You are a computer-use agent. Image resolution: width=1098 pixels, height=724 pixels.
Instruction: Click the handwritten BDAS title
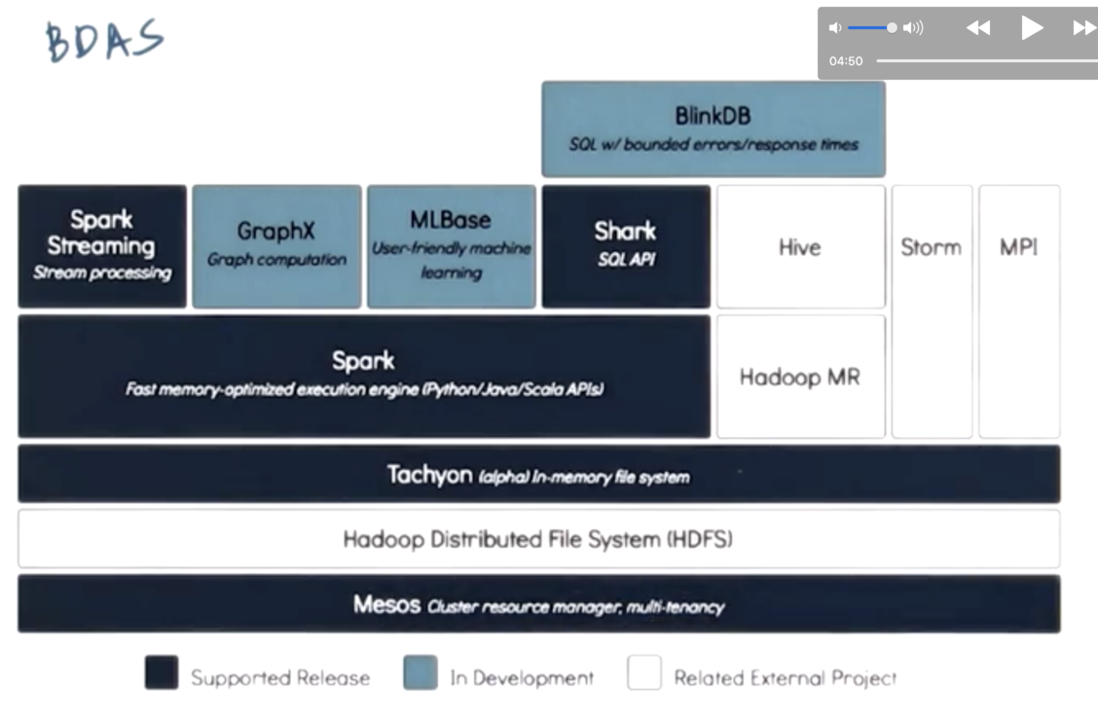104,41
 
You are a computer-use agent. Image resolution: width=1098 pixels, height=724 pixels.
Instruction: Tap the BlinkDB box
714,128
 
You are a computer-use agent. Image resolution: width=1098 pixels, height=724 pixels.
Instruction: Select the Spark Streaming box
102,246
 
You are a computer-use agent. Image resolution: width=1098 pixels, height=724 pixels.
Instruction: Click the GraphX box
276,246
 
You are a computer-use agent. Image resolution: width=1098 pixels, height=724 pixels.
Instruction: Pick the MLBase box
451,246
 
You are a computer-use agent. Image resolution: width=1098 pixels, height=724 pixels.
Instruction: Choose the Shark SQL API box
625,246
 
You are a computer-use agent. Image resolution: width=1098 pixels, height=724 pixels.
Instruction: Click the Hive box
800,247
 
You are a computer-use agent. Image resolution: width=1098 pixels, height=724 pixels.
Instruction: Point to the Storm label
931,247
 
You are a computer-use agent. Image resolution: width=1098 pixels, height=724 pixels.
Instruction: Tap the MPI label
1018,247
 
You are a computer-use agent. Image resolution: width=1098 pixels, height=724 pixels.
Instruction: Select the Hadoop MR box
800,377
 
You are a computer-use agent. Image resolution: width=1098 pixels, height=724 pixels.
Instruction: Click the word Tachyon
429,475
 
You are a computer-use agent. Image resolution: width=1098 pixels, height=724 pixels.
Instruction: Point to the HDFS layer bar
538,539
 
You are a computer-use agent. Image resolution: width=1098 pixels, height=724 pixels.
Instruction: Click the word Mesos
386,604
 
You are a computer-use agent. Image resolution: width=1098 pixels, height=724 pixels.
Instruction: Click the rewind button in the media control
978,28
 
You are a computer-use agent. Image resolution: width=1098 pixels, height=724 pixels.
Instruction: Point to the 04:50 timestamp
846,61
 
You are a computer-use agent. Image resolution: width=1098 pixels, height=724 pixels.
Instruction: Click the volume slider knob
892,28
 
